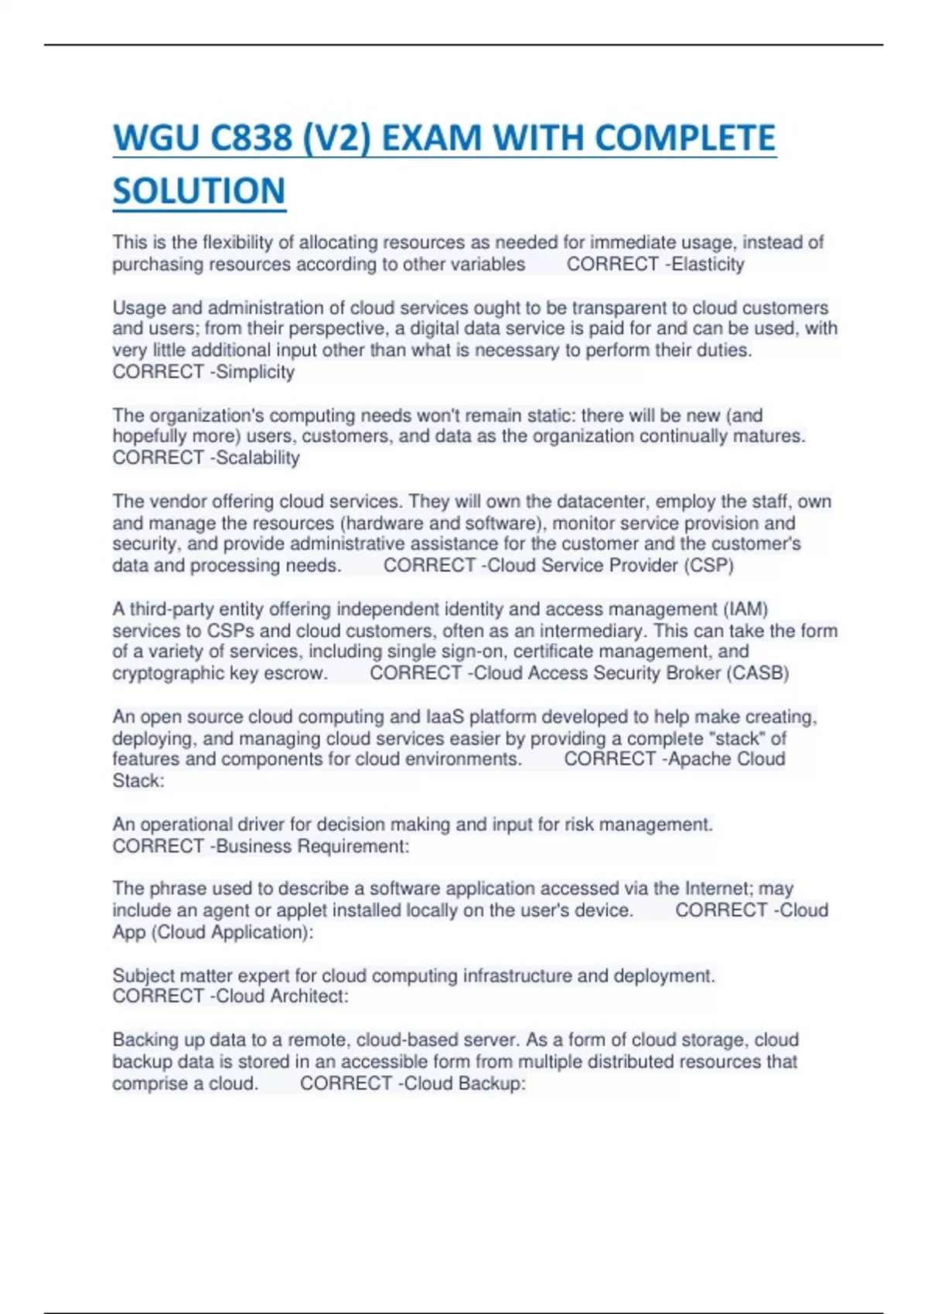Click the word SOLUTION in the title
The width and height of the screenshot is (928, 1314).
(x=199, y=191)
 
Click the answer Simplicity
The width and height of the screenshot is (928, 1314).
(x=255, y=372)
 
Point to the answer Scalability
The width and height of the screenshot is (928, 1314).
(x=258, y=458)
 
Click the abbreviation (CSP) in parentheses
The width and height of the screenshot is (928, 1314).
(x=708, y=565)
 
